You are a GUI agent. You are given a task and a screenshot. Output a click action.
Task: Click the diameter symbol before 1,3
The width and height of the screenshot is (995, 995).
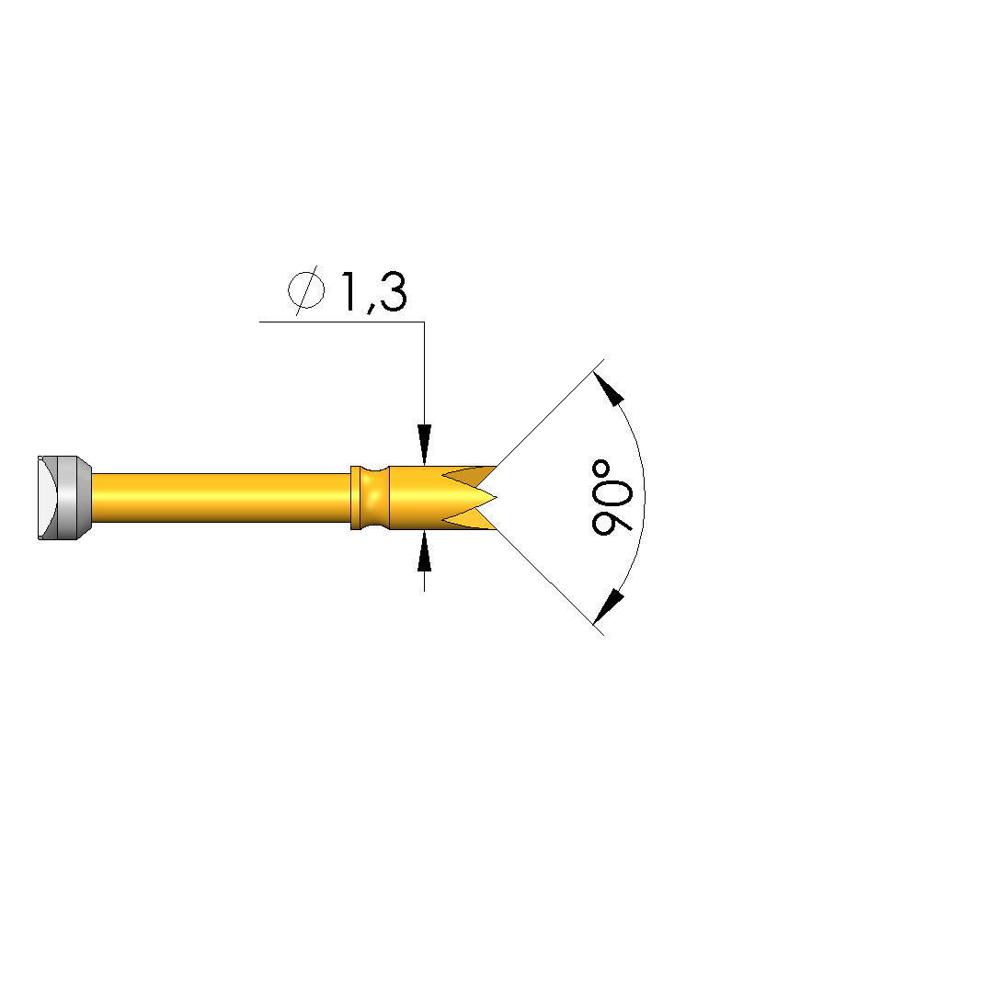tap(306, 290)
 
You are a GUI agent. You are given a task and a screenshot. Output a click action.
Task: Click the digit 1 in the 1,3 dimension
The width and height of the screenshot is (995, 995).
tap(349, 291)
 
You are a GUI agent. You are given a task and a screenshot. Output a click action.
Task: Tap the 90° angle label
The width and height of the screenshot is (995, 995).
tap(612, 498)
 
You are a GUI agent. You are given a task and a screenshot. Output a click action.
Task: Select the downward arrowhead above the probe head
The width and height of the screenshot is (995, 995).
tap(424, 445)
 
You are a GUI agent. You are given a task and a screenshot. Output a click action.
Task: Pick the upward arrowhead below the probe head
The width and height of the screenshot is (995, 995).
tap(424, 550)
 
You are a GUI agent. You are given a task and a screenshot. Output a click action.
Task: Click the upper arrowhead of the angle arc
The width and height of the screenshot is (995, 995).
tap(608, 389)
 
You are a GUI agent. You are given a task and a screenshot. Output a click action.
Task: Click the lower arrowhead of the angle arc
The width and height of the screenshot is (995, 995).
tap(608, 606)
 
